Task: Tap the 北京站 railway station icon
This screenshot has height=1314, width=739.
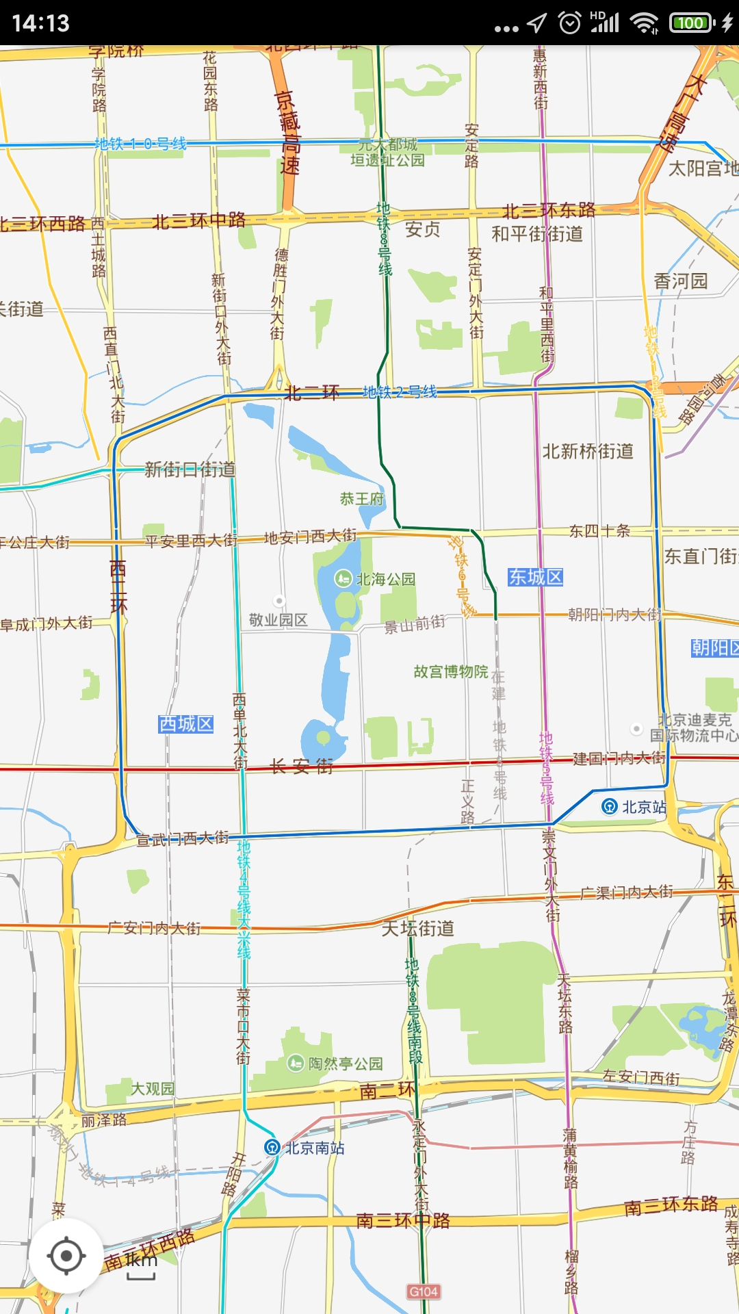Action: coord(609,806)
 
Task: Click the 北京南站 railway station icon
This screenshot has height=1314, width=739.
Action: coord(272,1147)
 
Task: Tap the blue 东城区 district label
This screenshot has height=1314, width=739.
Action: coord(535,577)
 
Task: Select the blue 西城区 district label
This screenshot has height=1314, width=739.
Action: coord(186,723)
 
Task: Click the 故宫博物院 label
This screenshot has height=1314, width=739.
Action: coord(451,671)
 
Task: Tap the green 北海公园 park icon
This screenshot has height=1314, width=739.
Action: coord(343,579)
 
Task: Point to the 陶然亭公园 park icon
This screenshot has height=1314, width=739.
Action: coord(296,1063)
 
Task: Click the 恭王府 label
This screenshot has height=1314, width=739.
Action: coord(362,499)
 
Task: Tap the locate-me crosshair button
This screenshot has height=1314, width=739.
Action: coord(66,1256)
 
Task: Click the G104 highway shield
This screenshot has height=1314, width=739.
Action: coord(424,1291)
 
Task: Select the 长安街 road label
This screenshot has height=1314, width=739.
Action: coord(302,766)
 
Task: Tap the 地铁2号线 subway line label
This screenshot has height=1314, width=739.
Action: coord(400,391)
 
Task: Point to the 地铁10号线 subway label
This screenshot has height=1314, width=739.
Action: coord(140,144)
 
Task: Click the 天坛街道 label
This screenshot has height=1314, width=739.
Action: coord(417,928)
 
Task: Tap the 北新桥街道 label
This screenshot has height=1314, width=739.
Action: coord(588,451)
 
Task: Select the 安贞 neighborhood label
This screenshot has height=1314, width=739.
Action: coord(422,229)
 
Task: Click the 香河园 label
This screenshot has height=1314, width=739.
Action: coord(680,281)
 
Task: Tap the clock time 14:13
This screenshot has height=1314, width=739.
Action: coord(41,23)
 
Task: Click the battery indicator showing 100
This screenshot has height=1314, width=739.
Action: coord(691,23)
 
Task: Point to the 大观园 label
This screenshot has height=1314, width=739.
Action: coord(153,1088)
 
